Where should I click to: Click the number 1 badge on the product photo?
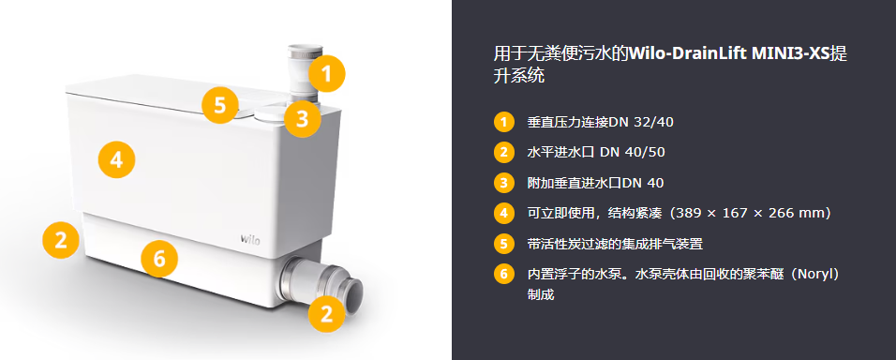click(327, 74)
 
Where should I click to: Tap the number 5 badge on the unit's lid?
click(220, 105)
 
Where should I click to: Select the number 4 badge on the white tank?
click(116, 159)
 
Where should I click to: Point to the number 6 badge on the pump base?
click(159, 259)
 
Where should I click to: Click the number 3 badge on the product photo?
click(303, 118)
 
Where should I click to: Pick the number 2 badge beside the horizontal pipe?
click(326, 313)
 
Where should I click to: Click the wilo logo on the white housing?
click(249, 239)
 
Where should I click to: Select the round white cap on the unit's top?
click(269, 114)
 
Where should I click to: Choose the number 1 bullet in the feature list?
click(503, 122)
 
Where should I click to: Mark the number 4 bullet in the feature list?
click(503, 213)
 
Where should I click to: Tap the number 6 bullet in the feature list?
click(503, 275)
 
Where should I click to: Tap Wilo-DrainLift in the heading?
click(681, 54)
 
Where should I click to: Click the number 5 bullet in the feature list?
click(503, 244)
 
